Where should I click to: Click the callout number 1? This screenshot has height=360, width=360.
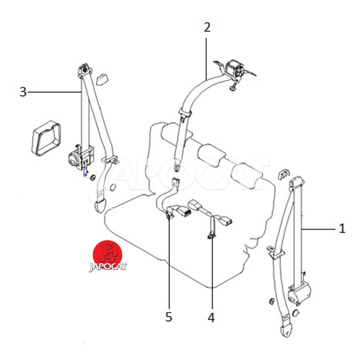click(342, 229)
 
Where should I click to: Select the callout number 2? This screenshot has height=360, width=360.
click(207, 27)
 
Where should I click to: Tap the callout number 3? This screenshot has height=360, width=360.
click(23, 92)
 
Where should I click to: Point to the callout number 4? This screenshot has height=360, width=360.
click(211, 318)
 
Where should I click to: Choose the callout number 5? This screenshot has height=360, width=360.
click(169, 317)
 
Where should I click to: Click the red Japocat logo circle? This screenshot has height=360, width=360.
click(107, 255)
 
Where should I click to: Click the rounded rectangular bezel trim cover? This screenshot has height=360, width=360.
click(46, 138)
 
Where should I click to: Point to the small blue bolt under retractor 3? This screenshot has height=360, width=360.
click(85, 174)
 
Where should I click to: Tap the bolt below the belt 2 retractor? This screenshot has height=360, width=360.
click(233, 87)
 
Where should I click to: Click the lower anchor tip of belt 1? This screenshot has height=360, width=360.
click(286, 330)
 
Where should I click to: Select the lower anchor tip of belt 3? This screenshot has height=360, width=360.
click(100, 206)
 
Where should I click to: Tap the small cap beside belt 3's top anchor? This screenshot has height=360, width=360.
click(102, 79)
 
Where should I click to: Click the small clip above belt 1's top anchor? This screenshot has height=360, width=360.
click(284, 175)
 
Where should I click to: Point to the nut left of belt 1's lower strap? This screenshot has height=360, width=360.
click(271, 301)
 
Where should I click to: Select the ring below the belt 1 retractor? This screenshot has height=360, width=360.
click(296, 313)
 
